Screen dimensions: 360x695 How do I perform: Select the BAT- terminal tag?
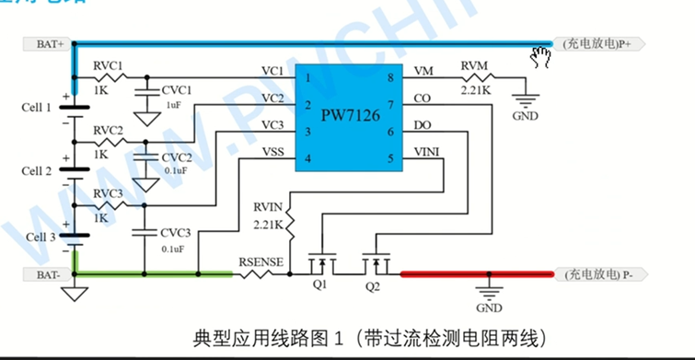tap(48, 273)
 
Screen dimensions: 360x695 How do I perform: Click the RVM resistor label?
tap(477, 65)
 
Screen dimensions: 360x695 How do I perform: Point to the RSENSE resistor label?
tap(261, 261)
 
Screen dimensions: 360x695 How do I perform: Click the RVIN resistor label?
tap(270, 209)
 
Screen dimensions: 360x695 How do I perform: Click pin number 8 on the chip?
tap(390, 79)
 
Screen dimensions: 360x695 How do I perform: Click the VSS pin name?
tap(272, 151)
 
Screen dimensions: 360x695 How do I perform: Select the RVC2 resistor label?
tap(109, 130)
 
